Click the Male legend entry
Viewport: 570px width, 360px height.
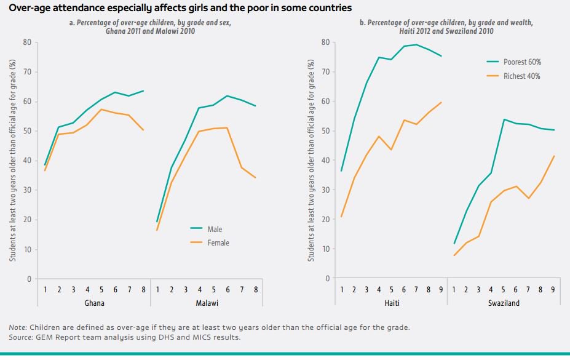pyautogui.click(x=215, y=229)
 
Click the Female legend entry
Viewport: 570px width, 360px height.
pyautogui.click(x=218, y=243)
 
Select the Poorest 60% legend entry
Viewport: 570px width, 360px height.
pyautogui.click(x=522, y=62)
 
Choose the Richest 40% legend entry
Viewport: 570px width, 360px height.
pyautogui.click(x=522, y=76)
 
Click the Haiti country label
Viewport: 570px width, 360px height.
pyautogui.click(x=392, y=303)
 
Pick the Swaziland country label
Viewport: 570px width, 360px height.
pyautogui.click(x=504, y=303)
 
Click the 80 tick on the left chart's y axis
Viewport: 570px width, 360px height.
pyautogui.click(x=27, y=42)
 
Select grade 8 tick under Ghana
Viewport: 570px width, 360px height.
pyautogui.click(x=143, y=289)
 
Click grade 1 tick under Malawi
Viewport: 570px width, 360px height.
pyautogui.click(x=157, y=289)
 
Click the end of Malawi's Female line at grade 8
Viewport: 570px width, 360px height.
pyautogui.click(x=255, y=178)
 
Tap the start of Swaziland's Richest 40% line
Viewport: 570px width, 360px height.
pyautogui.click(x=454, y=255)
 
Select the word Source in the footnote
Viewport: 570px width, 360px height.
pyautogui.click(x=22, y=337)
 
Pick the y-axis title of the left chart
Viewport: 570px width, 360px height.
pyautogui.click(x=12, y=160)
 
